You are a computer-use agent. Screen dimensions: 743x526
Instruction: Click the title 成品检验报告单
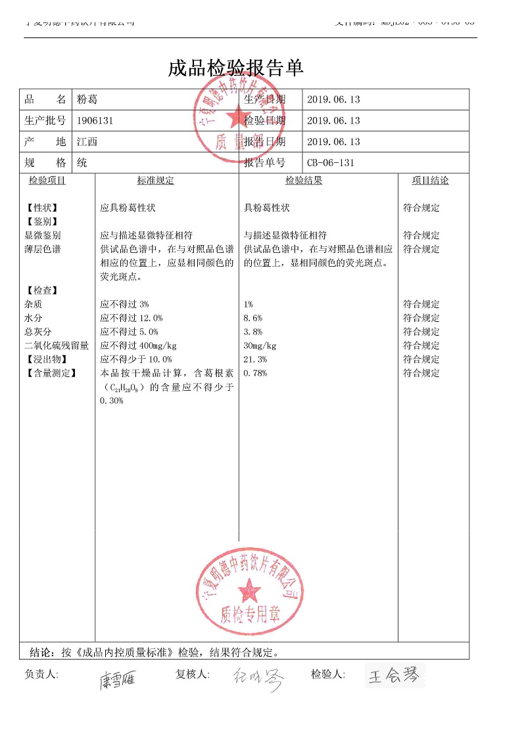click(x=235, y=68)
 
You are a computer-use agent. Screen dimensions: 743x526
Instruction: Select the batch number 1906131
click(x=95, y=121)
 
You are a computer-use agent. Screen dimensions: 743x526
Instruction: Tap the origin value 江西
click(x=87, y=142)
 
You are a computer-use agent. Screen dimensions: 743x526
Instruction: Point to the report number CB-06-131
click(x=331, y=163)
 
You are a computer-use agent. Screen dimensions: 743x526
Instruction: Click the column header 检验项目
click(x=47, y=181)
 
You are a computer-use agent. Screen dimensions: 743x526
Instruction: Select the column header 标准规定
click(x=155, y=181)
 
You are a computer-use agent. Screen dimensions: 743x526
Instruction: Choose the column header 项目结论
click(x=430, y=181)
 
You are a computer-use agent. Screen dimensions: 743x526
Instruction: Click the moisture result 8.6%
click(x=253, y=318)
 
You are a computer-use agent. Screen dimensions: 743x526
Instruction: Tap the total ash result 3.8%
click(x=253, y=332)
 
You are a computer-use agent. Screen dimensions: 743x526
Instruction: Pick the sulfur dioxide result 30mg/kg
click(x=260, y=346)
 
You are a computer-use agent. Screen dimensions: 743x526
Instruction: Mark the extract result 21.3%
click(x=255, y=359)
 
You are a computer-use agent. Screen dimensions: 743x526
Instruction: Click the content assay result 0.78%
click(x=255, y=373)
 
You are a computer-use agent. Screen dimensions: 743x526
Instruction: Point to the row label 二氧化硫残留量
click(x=57, y=346)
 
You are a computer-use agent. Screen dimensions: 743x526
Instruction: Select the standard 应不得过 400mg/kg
click(x=139, y=346)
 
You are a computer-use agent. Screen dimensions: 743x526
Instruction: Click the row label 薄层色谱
click(x=43, y=249)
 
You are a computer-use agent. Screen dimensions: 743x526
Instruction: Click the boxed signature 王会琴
click(x=394, y=675)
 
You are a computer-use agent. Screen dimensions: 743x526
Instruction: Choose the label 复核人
click(x=193, y=674)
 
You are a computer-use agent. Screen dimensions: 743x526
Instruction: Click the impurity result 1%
click(x=249, y=304)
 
